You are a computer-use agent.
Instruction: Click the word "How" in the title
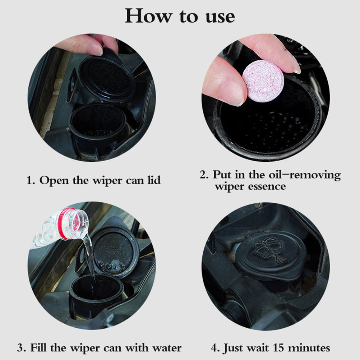(148, 16)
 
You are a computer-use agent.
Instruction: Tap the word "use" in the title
(220, 17)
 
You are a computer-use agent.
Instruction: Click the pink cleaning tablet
(263, 81)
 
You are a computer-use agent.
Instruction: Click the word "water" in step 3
(167, 348)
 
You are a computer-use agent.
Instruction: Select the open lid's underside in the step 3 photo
(113, 252)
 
